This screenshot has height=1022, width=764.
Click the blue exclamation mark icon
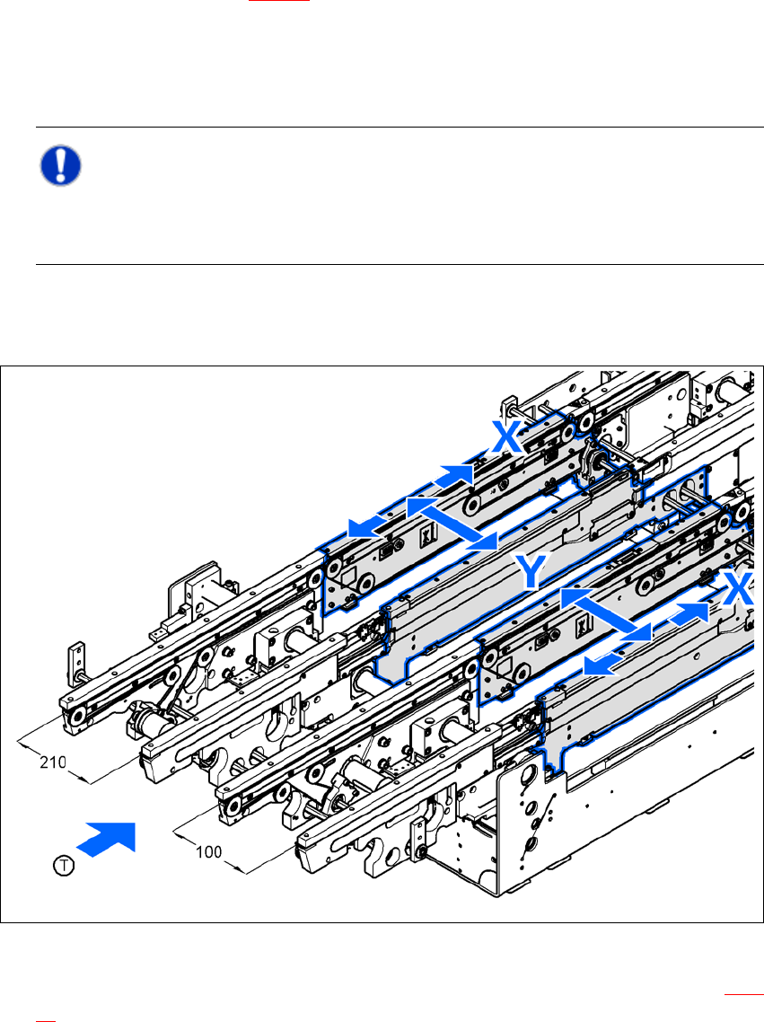pos(60,165)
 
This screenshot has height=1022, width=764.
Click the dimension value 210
pos(53,762)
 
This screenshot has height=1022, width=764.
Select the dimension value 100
pos(208,852)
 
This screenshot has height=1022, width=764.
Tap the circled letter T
pos(64,866)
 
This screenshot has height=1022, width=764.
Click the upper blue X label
pos(507,437)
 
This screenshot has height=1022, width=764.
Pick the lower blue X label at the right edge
pos(740,588)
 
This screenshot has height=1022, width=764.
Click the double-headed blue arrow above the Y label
pos(452,523)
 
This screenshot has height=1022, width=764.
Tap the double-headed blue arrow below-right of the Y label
pos(606,614)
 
